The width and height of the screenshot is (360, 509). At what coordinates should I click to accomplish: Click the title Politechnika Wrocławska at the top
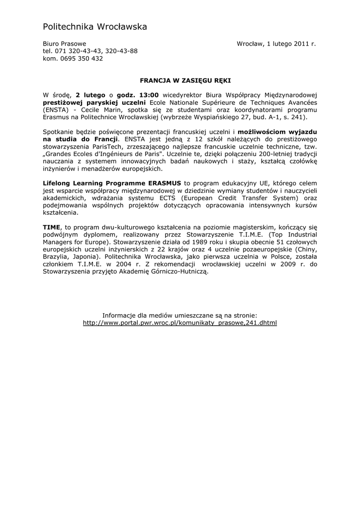94,26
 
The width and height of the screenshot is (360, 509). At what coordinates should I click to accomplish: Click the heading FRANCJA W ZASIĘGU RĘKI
185,79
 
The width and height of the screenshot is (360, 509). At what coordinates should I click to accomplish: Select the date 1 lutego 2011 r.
291,44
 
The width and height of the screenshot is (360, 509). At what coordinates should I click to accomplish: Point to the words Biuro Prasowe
64,44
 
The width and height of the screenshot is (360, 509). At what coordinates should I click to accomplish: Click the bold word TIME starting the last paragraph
51,227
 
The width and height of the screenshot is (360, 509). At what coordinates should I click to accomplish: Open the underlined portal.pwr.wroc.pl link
180,323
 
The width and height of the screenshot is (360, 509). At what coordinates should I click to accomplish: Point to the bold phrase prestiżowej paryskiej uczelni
94,102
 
